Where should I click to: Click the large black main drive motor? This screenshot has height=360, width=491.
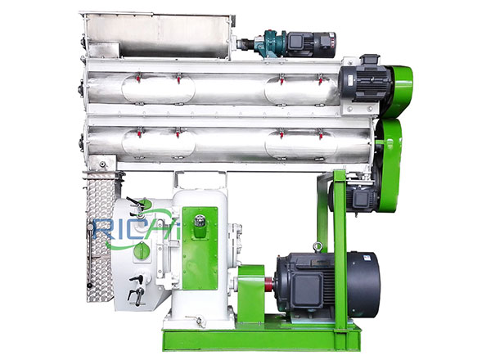point(327,284)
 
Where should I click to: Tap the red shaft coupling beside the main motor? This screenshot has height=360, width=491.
point(268,284)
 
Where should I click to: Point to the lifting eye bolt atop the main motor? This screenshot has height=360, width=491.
point(318,246)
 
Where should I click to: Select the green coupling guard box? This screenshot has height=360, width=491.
point(251,294)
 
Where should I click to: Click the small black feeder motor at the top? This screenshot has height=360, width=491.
point(311,44)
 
